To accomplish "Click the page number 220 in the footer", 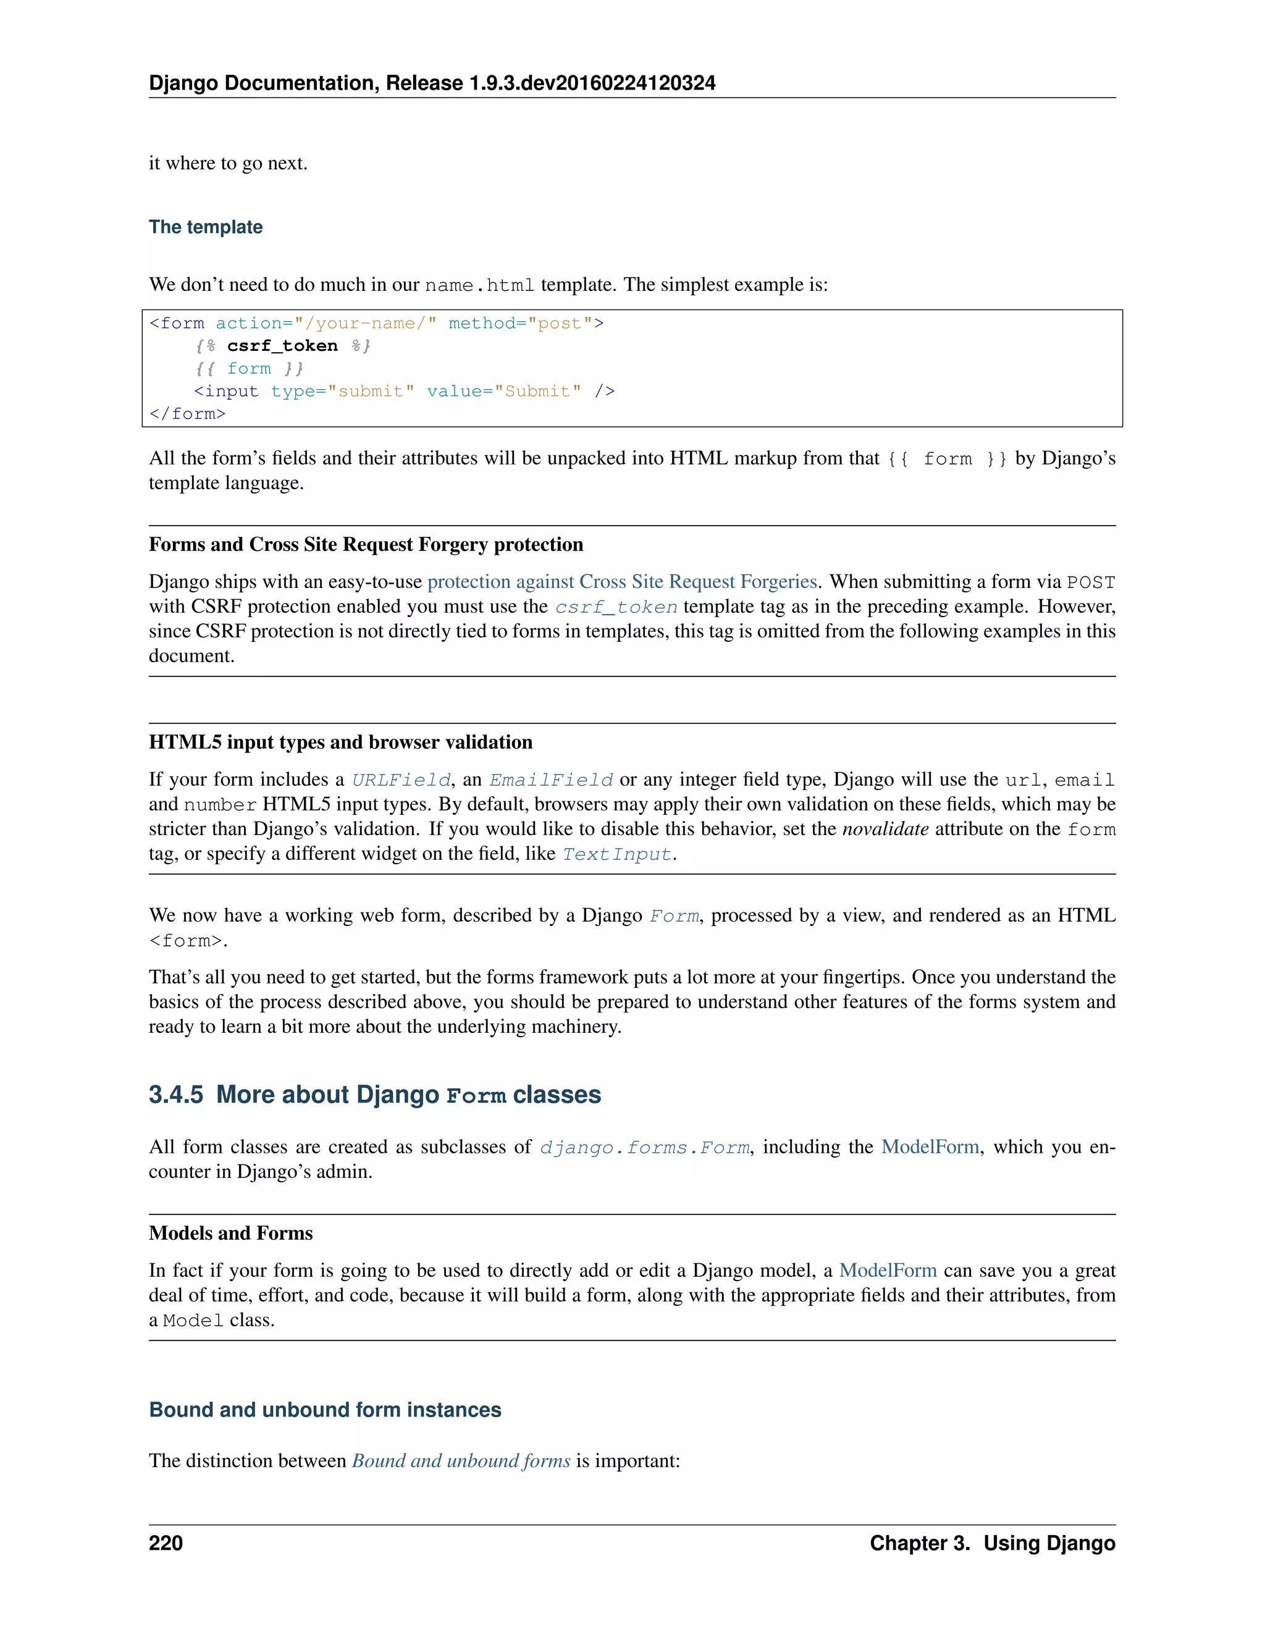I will click(166, 1543).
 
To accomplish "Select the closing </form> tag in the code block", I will click(187, 414).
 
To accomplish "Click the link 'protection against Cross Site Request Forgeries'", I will click(622, 582).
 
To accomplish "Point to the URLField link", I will click(401, 780).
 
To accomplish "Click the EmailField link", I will click(551, 780).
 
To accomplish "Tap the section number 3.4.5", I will click(175, 1095).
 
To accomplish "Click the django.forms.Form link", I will click(644, 1148).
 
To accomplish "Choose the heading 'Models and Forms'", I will click(231, 1233).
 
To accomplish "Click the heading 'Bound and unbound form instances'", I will click(326, 1410).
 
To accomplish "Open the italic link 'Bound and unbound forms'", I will click(461, 1461).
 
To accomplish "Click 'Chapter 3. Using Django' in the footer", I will click(992, 1543).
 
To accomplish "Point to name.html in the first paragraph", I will click(479, 285).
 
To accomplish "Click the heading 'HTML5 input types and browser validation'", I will click(340, 742).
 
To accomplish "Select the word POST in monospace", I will click(1090, 583).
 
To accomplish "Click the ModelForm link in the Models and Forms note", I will click(888, 1271).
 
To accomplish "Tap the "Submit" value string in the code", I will click(537, 391).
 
